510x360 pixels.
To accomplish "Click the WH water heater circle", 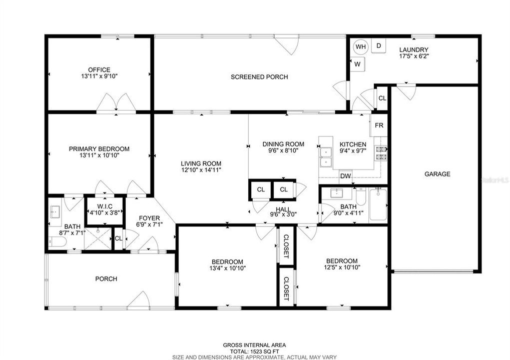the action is (360, 47).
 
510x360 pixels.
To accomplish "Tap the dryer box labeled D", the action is (378, 46).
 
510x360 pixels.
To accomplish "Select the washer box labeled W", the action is (357, 64).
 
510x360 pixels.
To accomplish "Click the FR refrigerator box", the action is (379, 125).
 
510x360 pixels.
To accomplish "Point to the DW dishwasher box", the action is (346, 176).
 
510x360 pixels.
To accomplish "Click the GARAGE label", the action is (437, 174).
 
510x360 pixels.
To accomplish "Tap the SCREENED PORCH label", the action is (259, 77).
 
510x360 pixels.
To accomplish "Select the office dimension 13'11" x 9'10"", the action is (99, 76).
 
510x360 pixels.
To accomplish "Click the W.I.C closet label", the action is (105, 206).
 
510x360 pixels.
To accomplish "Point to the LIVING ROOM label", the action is (201, 164).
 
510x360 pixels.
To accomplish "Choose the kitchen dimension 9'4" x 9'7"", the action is (353, 151).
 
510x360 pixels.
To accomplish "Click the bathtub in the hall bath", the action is (378, 205).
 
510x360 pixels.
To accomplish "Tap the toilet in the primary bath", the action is (58, 241).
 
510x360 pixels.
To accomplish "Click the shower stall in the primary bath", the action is (98, 239).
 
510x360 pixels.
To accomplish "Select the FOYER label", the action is (149, 218).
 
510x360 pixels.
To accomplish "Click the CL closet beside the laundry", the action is (382, 98).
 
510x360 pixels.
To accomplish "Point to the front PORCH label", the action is (106, 279).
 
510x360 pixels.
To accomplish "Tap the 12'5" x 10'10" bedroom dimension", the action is (342, 267).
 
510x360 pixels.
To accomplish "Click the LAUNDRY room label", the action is (414, 49).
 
